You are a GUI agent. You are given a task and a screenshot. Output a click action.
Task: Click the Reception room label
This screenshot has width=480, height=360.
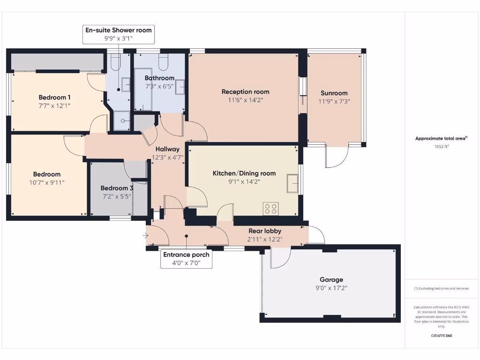pyautogui.click(x=245, y=92)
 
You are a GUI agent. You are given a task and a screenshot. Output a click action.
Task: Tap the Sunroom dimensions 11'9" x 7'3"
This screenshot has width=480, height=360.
pyautogui.click(x=334, y=101)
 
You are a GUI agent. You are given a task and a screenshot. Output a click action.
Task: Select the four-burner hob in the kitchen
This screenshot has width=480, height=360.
pyautogui.click(x=270, y=208)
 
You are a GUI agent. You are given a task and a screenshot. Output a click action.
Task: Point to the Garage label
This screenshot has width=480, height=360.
pyautogui.click(x=331, y=279)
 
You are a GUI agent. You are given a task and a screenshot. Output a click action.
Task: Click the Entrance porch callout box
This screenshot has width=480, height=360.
pyautogui.click(x=186, y=259)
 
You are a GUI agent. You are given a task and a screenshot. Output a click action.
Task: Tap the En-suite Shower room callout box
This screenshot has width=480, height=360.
pyautogui.click(x=118, y=34)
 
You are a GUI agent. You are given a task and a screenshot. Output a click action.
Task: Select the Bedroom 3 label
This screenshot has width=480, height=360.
pyautogui.click(x=117, y=188)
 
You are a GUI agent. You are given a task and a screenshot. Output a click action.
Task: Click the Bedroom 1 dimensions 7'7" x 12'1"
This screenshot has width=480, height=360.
pyautogui.click(x=54, y=106)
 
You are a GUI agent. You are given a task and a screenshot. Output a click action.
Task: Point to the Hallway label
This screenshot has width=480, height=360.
pyautogui.click(x=167, y=149)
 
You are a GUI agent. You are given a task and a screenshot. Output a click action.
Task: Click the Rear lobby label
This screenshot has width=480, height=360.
pyautogui.click(x=265, y=230)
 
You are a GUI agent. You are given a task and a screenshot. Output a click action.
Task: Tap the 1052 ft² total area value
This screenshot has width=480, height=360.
pyautogui.click(x=441, y=146)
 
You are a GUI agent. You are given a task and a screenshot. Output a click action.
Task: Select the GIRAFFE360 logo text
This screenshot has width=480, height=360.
pyautogui.click(x=441, y=336)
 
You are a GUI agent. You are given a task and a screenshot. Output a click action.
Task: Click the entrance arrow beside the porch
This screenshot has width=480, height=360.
pyautogui.click(x=146, y=236)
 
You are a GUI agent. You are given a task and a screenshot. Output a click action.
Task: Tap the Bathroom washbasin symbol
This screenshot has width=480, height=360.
pyautogui.click(x=180, y=87)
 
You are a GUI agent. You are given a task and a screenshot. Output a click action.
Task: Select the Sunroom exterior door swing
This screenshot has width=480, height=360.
pyautogui.click(x=337, y=157)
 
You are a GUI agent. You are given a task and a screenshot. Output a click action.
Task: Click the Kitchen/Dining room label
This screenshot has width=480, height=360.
pyautogui.click(x=244, y=173)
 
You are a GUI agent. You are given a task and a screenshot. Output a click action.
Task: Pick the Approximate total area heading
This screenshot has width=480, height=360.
pyautogui.click(x=441, y=138)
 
